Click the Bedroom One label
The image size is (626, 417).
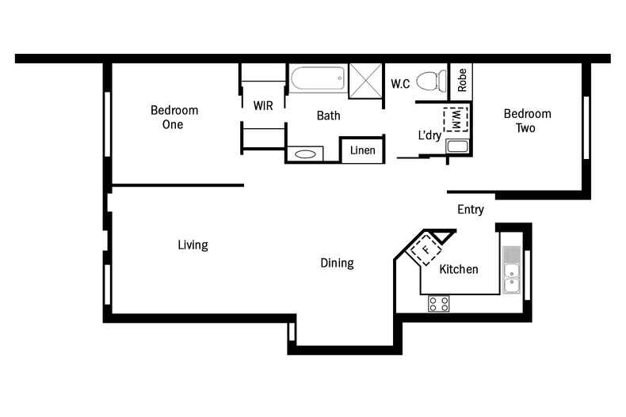point(174,117)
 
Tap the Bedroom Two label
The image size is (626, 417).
point(527,120)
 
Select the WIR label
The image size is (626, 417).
point(263,106)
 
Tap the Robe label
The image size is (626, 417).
point(461,79)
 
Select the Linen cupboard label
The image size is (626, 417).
point(362,150)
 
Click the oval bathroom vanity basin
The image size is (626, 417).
point(305,154)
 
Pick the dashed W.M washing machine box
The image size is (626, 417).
point(456,119)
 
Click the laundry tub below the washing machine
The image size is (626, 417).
point(457,146)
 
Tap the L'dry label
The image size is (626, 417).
point(429,135)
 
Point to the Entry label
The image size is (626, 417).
point(471,210)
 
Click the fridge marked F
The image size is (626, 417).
point(426,248)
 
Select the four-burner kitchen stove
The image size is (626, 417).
point(439,303)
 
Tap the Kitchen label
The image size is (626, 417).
point(459,269)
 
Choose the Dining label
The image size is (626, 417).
point(337,263)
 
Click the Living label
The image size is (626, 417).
point(193,245)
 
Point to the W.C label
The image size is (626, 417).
point(400,83)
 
